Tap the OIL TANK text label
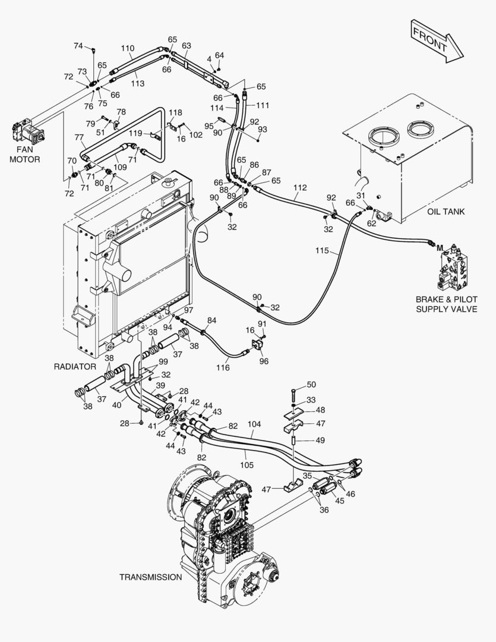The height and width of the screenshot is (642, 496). coord(446,212)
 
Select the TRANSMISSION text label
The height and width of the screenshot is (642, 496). coord(151,577)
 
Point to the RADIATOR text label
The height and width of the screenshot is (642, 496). coord(75,366)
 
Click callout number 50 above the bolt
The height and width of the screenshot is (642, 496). coord(311,385)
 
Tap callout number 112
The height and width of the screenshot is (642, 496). coord(300,188)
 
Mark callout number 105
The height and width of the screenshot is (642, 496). coord(247,464)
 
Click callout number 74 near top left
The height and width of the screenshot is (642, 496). coord(78,46)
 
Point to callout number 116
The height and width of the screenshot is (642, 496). coord(223,368)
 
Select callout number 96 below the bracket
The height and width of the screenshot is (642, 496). coord(264,361)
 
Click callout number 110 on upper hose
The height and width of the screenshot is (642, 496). coord(128,49)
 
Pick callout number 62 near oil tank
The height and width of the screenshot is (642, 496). coord(371,224)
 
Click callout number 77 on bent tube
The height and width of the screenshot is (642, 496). coord(79,137)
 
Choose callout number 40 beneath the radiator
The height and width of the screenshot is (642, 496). coord(117,405)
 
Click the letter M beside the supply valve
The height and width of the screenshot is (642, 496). coord(441,244)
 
